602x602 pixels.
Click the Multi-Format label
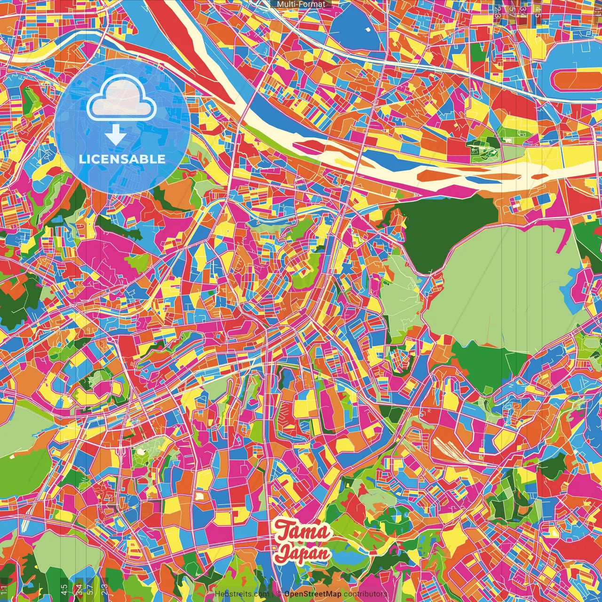click(x=301, y=4)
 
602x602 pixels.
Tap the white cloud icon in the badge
click(x=122, y=99)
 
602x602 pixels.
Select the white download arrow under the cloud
click(x=116, y=135)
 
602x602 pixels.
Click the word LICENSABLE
click(x=122, y=159)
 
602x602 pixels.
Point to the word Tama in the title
click(x=303, y=531)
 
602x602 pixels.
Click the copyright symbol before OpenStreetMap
click(x=279, y=594)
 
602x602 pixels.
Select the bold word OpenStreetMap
click(x=313, y=594)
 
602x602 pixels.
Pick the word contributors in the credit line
click(x=365, y=594)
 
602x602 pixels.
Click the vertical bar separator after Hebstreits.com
click(x=273, y=594)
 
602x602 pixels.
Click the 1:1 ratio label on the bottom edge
click(x=4, y=591)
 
